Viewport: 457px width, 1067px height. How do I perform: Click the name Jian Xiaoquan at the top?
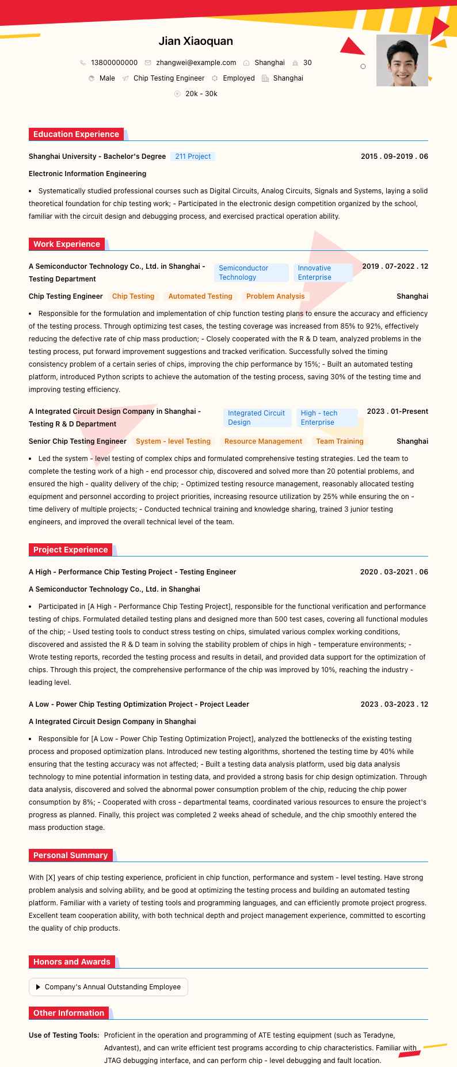pos(196,41)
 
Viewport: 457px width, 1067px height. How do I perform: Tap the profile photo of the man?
pos(402,60)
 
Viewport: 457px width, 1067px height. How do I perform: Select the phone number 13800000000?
pos(114,63)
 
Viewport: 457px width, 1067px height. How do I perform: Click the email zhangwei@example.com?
pos(196,63)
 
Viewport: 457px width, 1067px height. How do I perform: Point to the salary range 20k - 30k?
pos(201,94)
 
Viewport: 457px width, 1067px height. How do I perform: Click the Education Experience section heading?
pos(76,135)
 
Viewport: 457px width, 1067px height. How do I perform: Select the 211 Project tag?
pos(193,157)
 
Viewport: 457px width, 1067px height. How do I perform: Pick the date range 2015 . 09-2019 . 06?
pos(394,157)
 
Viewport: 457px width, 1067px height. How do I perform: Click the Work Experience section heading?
pos(67,245)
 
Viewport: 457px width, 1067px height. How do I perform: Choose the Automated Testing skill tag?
pos(200,296)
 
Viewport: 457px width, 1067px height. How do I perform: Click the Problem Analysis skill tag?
pos(275,296)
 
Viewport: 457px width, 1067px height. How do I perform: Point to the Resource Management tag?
pos(263,441)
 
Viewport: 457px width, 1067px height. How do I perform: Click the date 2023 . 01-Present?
pos(397,411)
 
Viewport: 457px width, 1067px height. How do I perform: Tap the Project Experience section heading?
pos(70,550)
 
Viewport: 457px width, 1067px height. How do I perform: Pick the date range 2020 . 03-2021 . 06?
pos(394,572)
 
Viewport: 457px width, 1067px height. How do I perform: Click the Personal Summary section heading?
pos(70,856)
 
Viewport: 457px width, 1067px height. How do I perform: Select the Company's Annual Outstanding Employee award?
pos(112,987)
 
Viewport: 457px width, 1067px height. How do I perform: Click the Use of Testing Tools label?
pos(64,1035)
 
